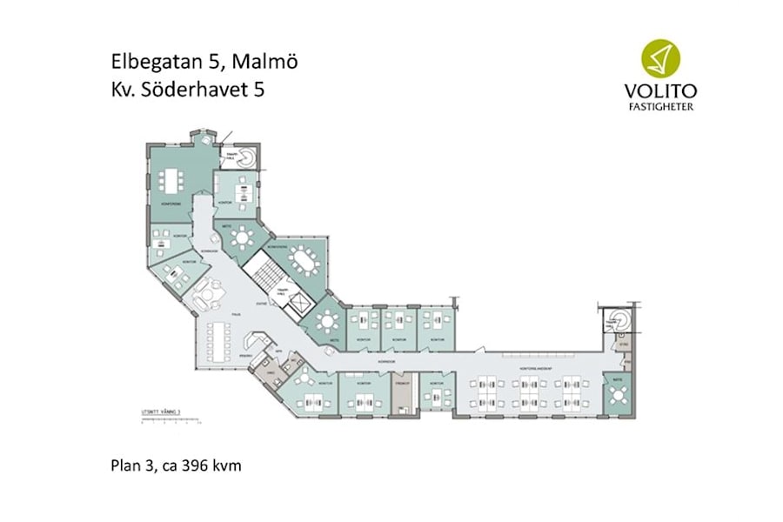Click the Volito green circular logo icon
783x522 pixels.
coord(660,59)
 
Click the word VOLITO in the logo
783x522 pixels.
coord(660,90)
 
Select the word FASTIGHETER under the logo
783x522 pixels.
coord(660,107)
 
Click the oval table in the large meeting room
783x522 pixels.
coord(303,259)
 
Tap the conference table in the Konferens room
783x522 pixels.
coord(169,180)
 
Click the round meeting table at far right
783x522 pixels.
coord(619,395)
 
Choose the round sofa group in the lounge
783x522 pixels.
coord(210,291)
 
